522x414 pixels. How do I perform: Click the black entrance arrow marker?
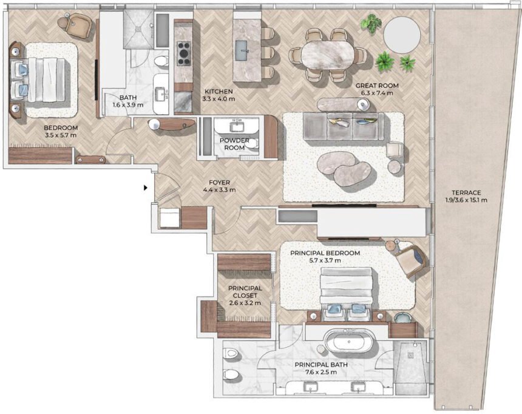(145, 188)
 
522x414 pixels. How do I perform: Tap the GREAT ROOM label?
(377, 86)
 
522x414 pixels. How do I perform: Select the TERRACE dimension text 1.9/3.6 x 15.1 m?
(466, 200)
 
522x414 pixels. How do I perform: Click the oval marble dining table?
(328, 55)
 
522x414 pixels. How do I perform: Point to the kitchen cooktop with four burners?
(183, 53)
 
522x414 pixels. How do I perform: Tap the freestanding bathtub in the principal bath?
(349, 341)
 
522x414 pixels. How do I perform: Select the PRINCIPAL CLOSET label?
(245, 292)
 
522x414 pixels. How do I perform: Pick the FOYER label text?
(219, 183)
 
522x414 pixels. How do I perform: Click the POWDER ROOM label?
(234, 144)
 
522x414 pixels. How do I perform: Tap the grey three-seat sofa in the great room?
(343, 126)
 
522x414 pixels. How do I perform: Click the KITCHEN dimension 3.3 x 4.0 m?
(219, 99)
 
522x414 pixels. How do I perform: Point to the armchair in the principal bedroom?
(411, 259)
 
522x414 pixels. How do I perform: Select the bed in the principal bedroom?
(346, 293)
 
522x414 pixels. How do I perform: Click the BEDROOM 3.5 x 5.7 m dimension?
(61, 135)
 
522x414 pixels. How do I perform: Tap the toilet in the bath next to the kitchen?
(161, 61)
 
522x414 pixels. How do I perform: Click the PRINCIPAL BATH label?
(321, 365)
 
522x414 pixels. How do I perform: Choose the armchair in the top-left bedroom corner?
(78, 24)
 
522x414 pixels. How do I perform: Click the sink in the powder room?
(237, 127)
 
